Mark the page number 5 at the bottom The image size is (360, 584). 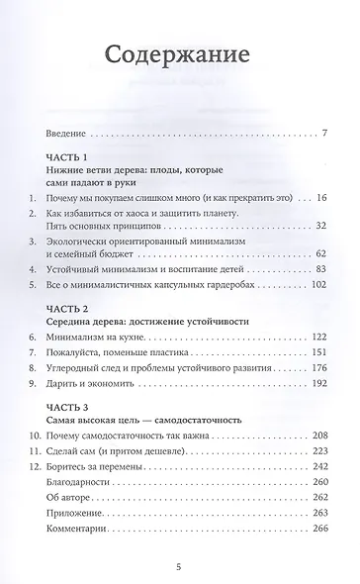[180, 568]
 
